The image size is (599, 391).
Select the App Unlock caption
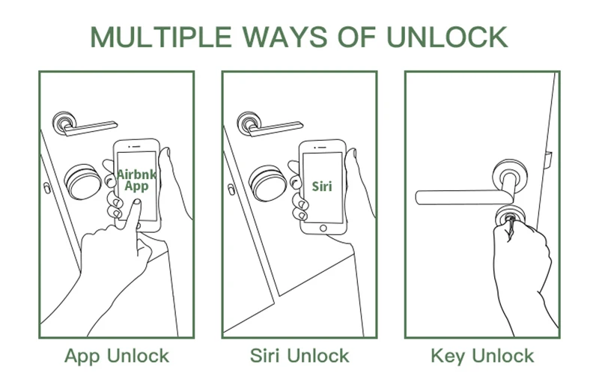117,355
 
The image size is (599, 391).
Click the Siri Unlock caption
299,355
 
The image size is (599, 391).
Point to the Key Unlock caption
482,355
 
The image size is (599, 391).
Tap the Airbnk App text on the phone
136,181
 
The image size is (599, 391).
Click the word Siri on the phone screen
322,185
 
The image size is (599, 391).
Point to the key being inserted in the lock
511,220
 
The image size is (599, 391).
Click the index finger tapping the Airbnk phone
133,217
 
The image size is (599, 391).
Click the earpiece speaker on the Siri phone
323,147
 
